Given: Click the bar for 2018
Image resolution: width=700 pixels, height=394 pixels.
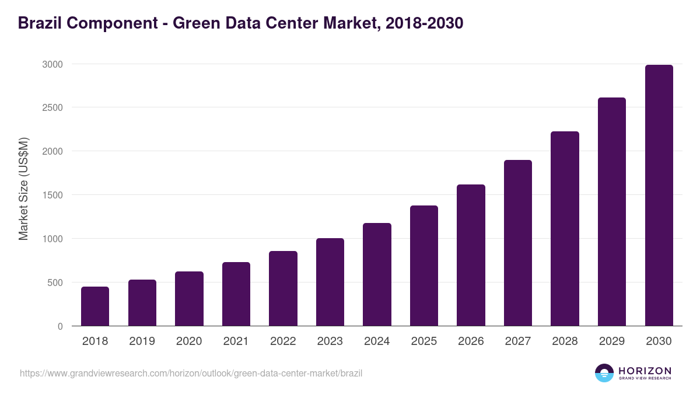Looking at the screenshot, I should [x=95, y=306].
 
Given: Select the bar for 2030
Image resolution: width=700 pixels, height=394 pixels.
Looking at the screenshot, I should [x=659, y=196].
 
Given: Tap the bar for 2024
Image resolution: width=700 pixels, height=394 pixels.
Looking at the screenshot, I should [x=377, y=274].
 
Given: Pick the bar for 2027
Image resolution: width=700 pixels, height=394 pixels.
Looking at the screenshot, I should [x=518, y=243].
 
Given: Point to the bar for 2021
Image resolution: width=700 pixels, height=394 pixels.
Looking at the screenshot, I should [x=236, y=294].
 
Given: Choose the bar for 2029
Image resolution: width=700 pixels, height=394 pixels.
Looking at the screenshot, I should [x=612, y=212].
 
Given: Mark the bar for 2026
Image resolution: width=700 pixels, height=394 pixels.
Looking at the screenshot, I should [x=471, y=255].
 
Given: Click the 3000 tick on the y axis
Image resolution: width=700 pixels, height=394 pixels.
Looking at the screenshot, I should [x=52, y=64].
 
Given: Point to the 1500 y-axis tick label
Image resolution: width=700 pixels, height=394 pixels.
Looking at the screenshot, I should [x=52, y=195].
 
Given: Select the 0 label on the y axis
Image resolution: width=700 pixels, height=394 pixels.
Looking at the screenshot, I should [x=60, y=326].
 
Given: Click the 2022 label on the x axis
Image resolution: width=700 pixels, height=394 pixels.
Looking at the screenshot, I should [x=283, y=341].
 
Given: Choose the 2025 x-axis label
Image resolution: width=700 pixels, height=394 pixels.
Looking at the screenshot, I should [x=424, y=341].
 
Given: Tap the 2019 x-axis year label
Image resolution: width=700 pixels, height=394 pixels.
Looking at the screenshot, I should [x=142, y=341].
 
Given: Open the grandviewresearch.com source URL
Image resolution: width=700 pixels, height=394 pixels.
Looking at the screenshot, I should [x=191, y=373].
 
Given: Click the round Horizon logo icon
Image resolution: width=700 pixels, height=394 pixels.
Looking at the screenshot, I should [x=604, y=373].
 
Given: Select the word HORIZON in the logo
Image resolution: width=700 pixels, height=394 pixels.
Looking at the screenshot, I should [x=645, y=370].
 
